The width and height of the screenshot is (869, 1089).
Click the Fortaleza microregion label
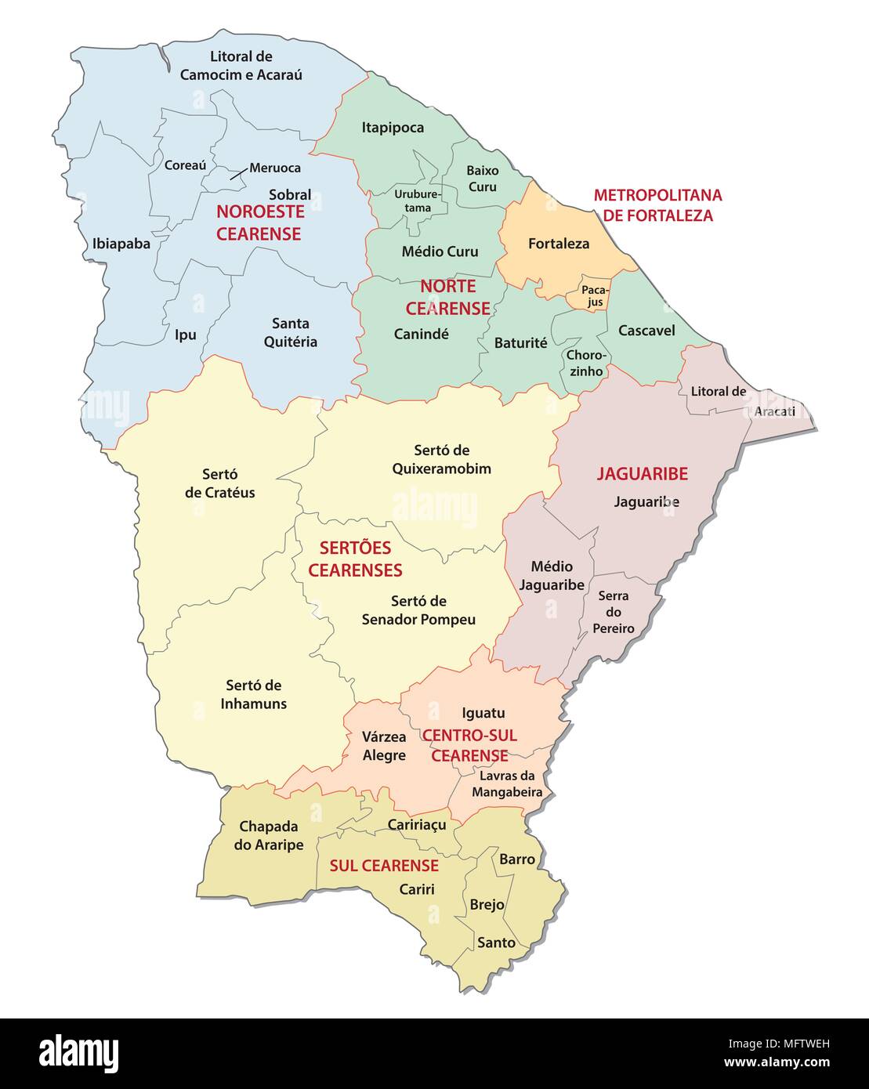(x=558, y=244)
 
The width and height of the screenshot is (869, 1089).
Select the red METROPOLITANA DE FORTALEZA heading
(x=657, y=205)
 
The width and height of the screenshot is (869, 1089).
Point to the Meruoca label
(x=274, y=168)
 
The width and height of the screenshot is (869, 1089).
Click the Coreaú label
(x=185, y=165)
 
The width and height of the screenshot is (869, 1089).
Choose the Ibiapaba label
(x=121, y=244)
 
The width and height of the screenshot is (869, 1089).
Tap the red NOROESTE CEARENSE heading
(x=259, y=223)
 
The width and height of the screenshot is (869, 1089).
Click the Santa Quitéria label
(x=290, y=332)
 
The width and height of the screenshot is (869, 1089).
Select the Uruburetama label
(x=418, y=201)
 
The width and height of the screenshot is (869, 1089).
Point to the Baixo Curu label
(x=482, y=179)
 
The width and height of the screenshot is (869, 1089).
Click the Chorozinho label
(x=586, y=363)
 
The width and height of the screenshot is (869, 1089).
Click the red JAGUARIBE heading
(x=642, y=473)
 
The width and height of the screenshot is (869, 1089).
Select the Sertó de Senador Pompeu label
(x=418, y=610)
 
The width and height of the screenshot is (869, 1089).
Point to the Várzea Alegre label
(x=384, y=746)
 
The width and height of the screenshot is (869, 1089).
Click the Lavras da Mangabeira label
(x=506, y=783)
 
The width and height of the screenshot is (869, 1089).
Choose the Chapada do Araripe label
(x=268, y=835)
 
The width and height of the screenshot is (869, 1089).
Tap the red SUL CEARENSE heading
(x=383, y=866)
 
